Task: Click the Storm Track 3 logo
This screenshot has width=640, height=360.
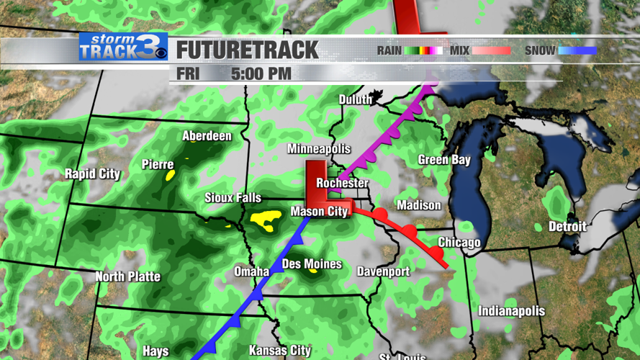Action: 122,48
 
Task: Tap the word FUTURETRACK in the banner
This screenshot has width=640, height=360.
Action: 247,50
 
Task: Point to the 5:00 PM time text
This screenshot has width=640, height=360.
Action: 261,73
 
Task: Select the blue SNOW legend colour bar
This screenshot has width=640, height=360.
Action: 578,50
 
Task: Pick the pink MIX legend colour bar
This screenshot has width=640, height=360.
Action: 491,50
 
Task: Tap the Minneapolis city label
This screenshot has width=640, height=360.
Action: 319,149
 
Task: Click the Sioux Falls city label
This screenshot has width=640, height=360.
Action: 233,198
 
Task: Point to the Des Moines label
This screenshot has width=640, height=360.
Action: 312,264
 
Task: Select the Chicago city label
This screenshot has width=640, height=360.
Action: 459,242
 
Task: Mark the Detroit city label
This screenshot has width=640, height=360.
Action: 567,226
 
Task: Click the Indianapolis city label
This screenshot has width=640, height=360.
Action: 511,311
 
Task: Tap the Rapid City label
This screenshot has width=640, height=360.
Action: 92,174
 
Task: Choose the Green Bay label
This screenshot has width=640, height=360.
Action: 444,160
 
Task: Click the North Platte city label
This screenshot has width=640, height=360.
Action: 128,276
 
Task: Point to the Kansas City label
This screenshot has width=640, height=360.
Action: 279,351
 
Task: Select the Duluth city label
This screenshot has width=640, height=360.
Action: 356,99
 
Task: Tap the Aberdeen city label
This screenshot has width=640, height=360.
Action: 207,136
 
